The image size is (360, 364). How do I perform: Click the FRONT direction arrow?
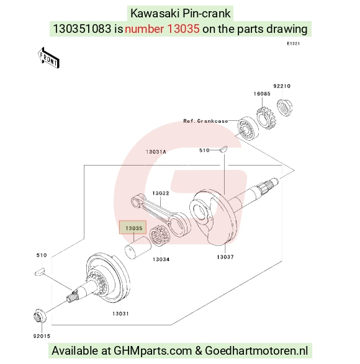(48, 58)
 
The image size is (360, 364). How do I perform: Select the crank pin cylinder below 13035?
(138, 247)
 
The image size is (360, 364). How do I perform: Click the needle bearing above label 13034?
(160, 234)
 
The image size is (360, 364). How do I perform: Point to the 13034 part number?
(161, 259)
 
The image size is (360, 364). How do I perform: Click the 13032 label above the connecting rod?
(161, 193)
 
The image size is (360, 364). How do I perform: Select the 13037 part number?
(225, 257)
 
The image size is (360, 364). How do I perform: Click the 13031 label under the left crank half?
(120, 314)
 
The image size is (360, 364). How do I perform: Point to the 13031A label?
(156, 152)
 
